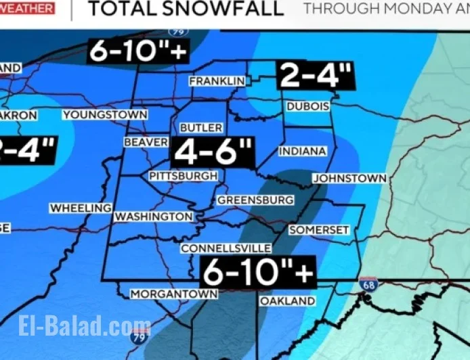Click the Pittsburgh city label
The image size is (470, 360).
click(x=183, y=176)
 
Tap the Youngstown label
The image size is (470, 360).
click(x=105, y=115)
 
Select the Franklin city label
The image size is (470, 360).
click(x=217, y=81)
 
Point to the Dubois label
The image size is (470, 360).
click(x=307, y=107)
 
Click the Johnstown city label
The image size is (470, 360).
click(x=349, y=179)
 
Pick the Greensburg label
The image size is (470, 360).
click(x=255, y=200)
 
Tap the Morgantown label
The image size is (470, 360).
click(x=174, y=294)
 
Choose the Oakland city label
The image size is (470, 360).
click(x=288, y=300)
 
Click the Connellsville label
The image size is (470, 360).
click(x=226, y=248)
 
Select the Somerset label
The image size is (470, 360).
click(x=319, y=230)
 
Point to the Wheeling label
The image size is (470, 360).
click(x=80, y=208)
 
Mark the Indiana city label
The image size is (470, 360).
click(x=302, y=151)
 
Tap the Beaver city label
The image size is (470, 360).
click(x=146, y=142)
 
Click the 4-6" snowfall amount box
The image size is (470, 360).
click(x=213, y=152)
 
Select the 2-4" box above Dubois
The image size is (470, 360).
click(x=315, y=76)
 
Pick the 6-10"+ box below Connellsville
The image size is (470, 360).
click(x=259, y=273)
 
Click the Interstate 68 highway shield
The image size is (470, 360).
click(x=368, y=285)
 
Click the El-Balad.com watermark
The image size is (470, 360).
click(x=85, y=325)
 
